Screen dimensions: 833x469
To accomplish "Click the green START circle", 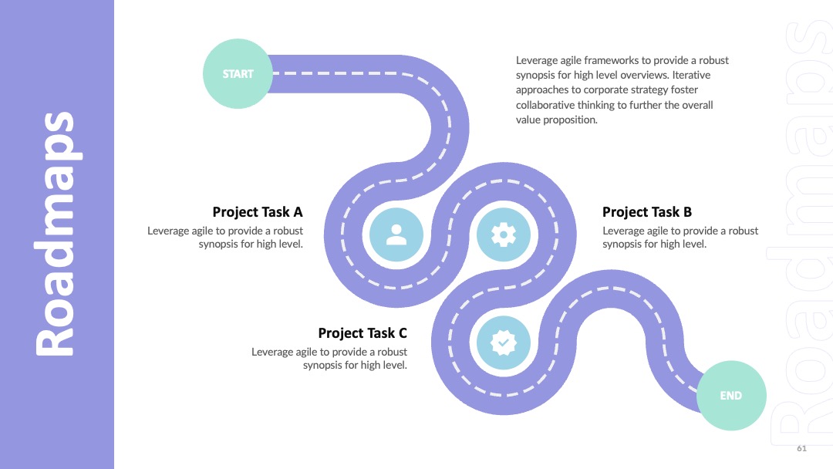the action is coord(238,74).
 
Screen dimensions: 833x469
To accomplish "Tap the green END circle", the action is coord(731,396).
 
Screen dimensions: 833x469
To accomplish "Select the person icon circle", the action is coord(396,235).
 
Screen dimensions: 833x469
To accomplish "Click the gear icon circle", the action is coord(503,235).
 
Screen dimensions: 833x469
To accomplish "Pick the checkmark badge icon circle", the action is coord(503,342).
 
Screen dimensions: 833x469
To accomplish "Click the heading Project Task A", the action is coord(258,212).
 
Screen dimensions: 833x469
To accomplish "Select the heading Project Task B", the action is coord(647,212).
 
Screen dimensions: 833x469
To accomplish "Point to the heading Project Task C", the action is coord(363,333).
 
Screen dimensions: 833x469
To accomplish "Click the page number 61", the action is coord(801,448).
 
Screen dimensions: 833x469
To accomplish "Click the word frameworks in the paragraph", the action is coord(612,60).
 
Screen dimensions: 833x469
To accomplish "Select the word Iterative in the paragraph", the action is coord(691,75).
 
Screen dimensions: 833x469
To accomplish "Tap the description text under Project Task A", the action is coord(225,238).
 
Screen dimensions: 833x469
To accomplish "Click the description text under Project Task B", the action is coord(680,238).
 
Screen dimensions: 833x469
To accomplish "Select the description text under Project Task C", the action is coord(329,359).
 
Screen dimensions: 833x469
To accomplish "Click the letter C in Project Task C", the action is coord(403,333).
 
